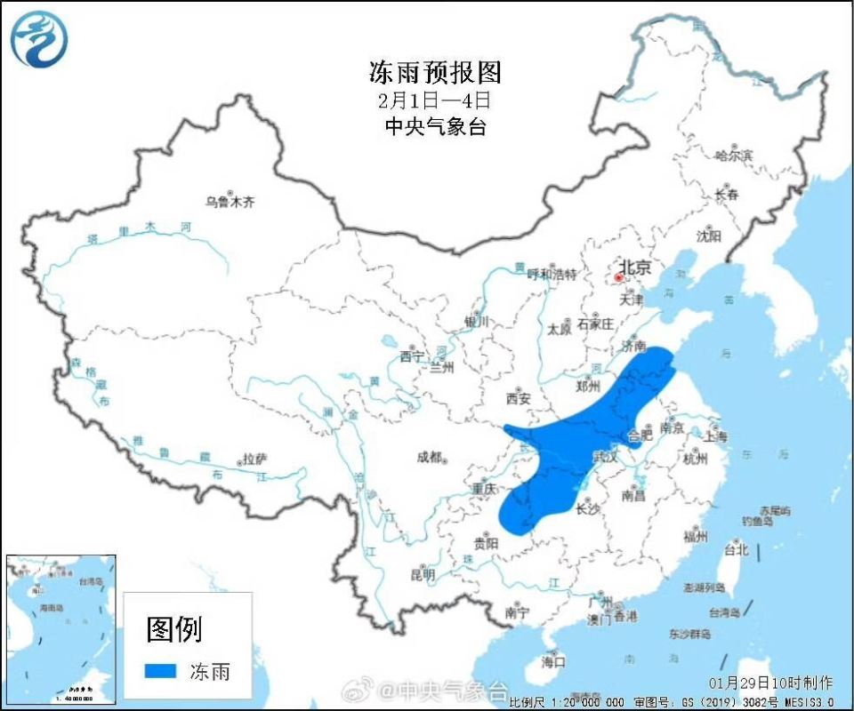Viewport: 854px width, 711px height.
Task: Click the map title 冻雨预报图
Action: coord(435,70)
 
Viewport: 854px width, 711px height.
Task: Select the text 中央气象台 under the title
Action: coord(435,126)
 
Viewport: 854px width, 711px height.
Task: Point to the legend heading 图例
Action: coord(174,629)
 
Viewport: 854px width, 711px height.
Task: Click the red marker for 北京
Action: coord(619,277)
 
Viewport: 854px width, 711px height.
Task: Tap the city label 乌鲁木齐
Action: coord(230,202)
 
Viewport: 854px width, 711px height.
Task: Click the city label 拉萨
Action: coord(254,459)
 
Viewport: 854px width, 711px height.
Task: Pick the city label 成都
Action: coord(429,457)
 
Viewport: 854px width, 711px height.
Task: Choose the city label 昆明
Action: coord(423,575)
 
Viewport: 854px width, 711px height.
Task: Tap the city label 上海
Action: coord(715,435)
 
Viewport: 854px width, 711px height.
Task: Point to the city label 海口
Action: coord(553,661)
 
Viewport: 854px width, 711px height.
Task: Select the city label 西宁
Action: coord(412,356)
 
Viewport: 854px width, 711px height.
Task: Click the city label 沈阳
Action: coord(709,236)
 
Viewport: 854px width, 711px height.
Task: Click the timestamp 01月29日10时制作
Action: coord(771,683)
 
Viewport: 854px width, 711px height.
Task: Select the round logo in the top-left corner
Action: coord(38,39)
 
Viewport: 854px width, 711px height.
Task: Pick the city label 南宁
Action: coord(516,612)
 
